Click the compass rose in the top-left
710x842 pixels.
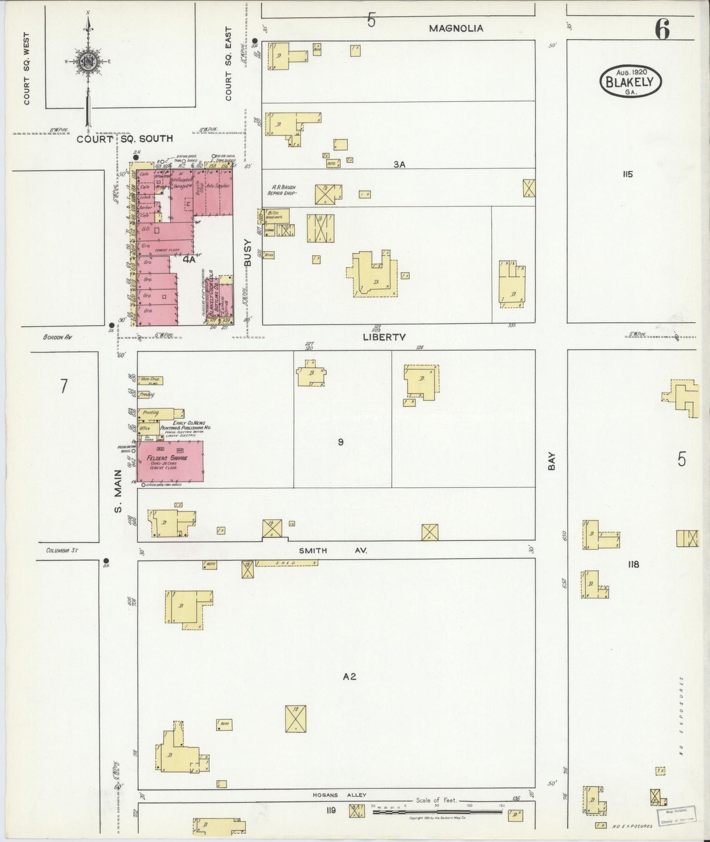coord(88,62)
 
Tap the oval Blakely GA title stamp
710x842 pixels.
coord(630,81)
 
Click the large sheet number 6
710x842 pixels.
coord(662,30)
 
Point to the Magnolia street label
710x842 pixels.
coord(456,28)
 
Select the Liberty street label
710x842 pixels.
coord(384,337)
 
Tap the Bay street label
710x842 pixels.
coord(552,462)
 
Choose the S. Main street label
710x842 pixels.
coord(117,491)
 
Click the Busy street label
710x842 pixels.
coord(248,253)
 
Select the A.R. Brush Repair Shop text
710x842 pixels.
coord(282,190)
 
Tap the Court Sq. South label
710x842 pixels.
coord(125,139)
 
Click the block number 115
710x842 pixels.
coord(627,174)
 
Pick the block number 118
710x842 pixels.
coord(633,564)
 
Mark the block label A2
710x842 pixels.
coord(349,676)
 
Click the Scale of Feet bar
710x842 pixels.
coord(437,812)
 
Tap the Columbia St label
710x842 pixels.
coord(62,550)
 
